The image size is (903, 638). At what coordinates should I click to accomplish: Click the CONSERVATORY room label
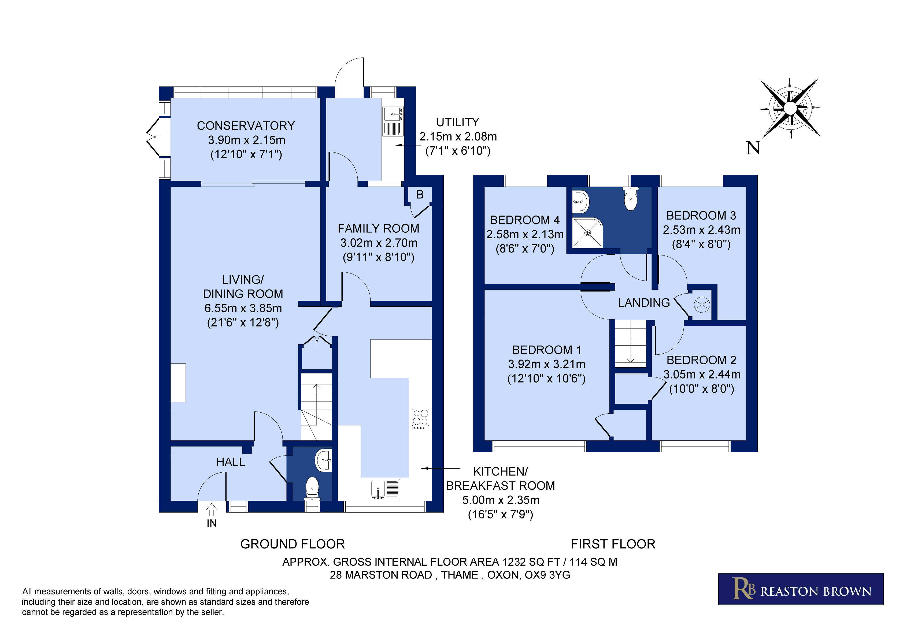tap(246, 126)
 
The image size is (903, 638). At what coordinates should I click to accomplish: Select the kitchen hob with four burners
tap(420, 419)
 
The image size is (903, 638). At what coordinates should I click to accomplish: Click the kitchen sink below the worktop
tap(385, 489)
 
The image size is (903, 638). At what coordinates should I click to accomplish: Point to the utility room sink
tap(393, 121)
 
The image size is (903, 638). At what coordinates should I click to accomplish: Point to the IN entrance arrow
tap(212, 510)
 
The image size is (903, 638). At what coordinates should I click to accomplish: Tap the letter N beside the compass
tap(753, 148)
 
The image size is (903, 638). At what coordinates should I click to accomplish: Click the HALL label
tap(231, 462)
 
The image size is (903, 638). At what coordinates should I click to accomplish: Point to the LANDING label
tap(644, 303)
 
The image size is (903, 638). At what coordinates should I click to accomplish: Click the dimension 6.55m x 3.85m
tap(243, 308)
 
